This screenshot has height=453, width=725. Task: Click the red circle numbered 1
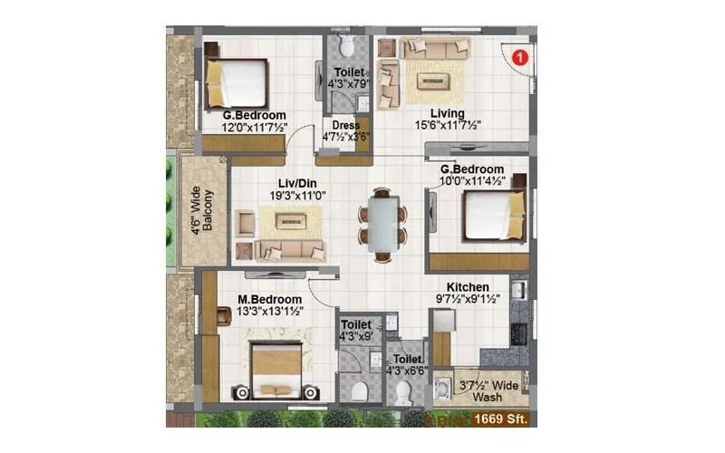point(519,57)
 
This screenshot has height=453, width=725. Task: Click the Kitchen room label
point(468,286)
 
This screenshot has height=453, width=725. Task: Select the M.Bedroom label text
point(270,299)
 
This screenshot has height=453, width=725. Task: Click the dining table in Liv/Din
point(382,223)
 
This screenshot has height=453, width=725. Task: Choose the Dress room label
point(346,126)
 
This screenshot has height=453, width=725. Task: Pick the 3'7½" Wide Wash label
point(489,390)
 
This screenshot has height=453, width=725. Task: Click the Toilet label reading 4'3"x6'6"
point(404,364)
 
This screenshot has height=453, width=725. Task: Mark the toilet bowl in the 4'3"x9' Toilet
point(360,390)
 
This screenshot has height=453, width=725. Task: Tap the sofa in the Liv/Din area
point(290,250)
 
